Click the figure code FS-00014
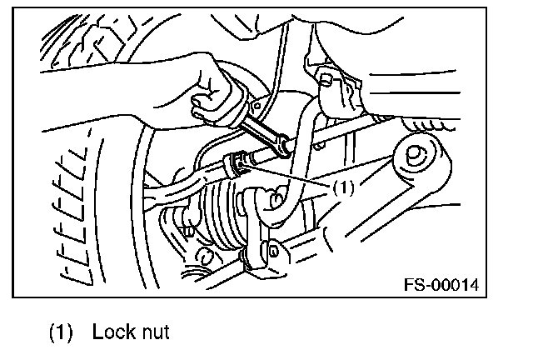pos(442,285)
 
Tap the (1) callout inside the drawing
pos(342,187)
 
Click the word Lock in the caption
pos(107,332)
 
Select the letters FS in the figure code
pos(414,285)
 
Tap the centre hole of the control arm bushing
pos(414,155)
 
